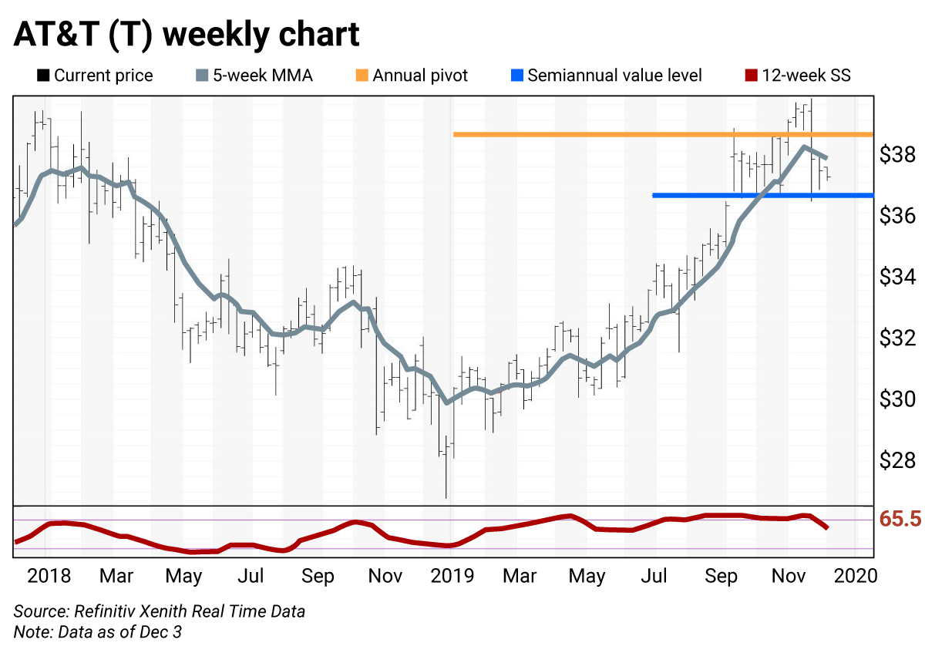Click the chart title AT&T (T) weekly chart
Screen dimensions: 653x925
point(186,34)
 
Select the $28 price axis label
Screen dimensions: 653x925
point(897,461)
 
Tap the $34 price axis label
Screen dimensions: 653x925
point(897,278)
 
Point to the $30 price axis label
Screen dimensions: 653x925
point(897,399)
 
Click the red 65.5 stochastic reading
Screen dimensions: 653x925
point(900,520)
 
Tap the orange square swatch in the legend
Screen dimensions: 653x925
point(363,76)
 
